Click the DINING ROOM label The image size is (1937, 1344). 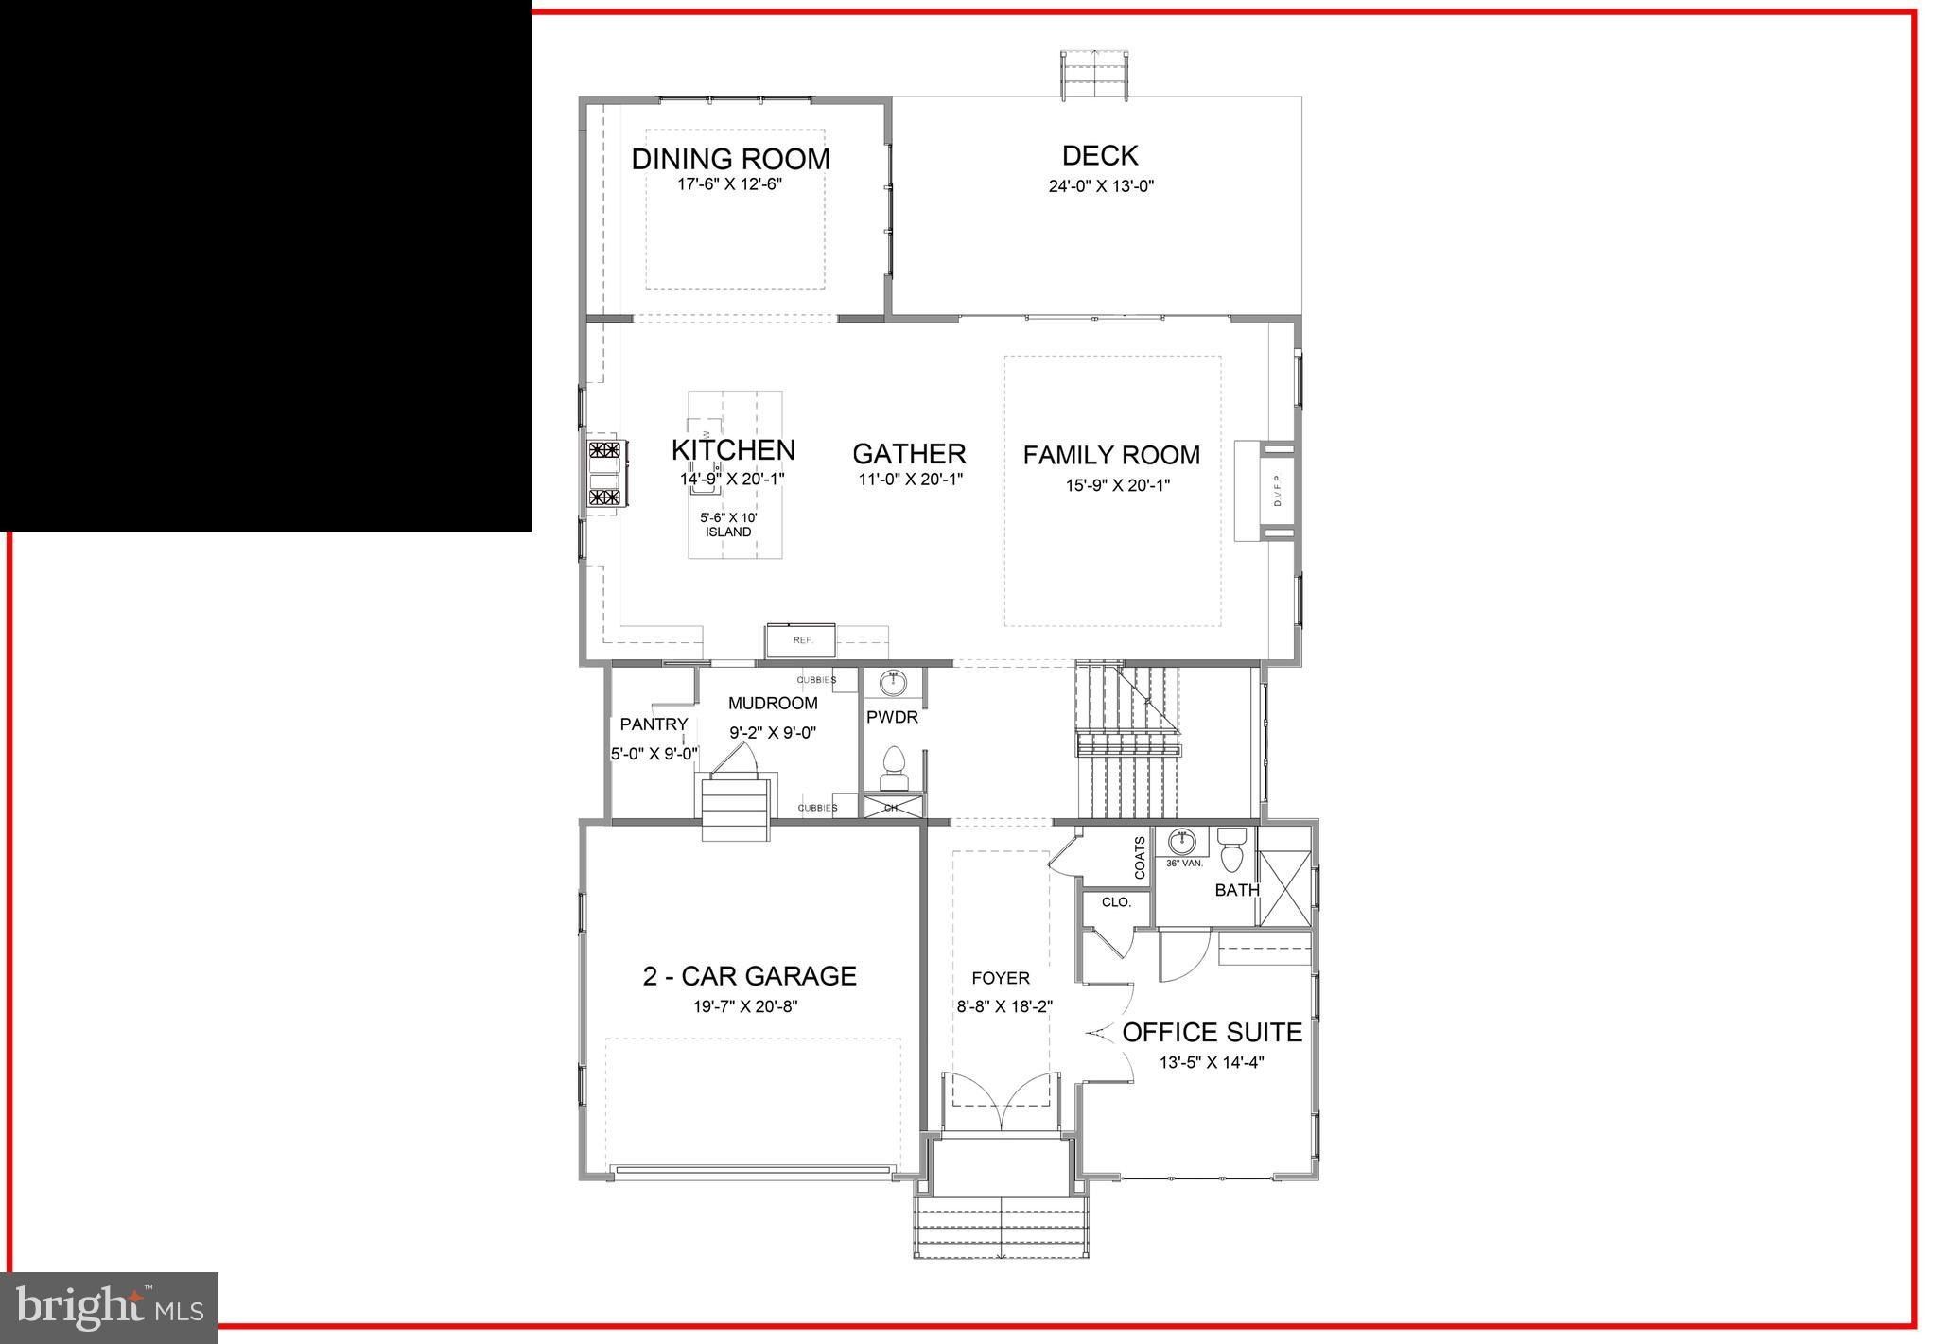click(730, 159)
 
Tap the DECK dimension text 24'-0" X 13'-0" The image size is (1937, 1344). click(1100, 186)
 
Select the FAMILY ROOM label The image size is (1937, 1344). click(1111, 455)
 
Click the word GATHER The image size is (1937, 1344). click(909, 454)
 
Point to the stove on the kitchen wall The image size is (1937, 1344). click(603, 474)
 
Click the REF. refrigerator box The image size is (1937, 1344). click(801, 640)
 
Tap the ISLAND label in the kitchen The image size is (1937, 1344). click(728, 532)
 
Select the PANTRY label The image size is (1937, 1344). click(654, 724)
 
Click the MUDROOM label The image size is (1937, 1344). click(773, 704)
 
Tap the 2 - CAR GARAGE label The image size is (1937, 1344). click(749, 976)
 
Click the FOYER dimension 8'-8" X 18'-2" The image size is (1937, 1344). click(1003, 1006)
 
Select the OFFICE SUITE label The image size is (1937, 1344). click(1212, 1032)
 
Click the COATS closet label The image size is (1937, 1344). click(1140, 857)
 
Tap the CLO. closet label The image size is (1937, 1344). click(1116, 902)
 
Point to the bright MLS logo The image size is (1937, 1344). click(110, 1308)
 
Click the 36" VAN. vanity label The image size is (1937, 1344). click(1183, 863)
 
